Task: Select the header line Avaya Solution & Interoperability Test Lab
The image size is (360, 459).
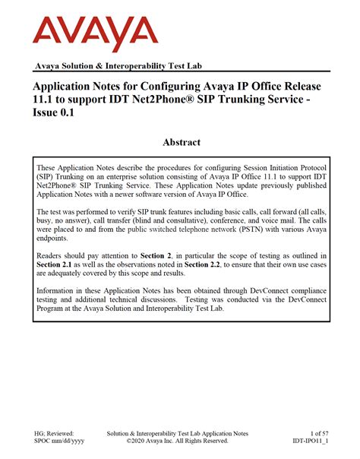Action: click(119, 67)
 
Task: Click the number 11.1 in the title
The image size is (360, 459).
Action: click(43, 101)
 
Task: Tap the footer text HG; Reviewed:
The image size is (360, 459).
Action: click(55, 431)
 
